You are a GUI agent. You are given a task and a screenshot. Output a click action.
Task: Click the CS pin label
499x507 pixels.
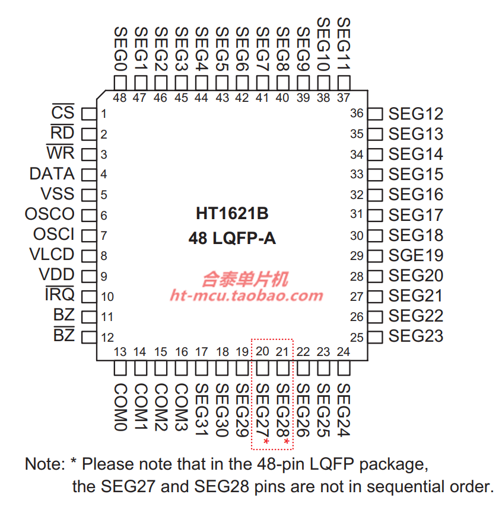pos(63,113)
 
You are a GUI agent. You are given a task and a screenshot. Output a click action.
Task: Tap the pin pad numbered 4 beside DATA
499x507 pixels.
pos(88,174)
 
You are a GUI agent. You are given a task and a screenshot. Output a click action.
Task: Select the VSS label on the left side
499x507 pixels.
pos(58,194)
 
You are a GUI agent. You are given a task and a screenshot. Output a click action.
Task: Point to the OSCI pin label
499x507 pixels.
pos(54,234)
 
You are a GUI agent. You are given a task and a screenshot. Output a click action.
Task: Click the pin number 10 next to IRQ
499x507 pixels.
pos(107,297)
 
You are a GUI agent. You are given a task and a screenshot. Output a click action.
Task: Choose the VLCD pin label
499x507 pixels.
pos(52,255)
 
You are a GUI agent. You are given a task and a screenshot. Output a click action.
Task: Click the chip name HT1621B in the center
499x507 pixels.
pos(232,213)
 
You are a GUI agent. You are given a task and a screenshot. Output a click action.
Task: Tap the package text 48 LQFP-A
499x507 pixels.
pos(232,239)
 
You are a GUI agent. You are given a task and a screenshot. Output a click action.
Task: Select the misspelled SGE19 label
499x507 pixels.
pos(415,256)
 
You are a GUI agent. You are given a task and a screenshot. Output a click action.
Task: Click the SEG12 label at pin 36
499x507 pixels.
pos(415,114)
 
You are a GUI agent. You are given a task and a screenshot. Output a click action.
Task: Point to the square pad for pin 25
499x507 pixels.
pos(376,337)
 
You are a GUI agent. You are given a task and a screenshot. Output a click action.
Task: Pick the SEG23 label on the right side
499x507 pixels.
pos(415,336)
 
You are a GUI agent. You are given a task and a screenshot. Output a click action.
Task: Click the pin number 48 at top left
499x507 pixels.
pos(120,98)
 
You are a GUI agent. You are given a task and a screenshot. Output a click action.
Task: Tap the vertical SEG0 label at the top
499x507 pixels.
pos(120,49)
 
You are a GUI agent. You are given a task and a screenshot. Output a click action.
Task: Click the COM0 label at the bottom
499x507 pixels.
pos(120,407)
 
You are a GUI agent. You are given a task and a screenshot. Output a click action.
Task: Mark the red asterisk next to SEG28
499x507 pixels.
pos(287,442)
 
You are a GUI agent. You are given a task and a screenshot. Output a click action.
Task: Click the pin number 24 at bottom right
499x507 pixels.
pos(343,352)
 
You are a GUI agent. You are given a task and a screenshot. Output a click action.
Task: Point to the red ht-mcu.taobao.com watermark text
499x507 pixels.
pos(246,296)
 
